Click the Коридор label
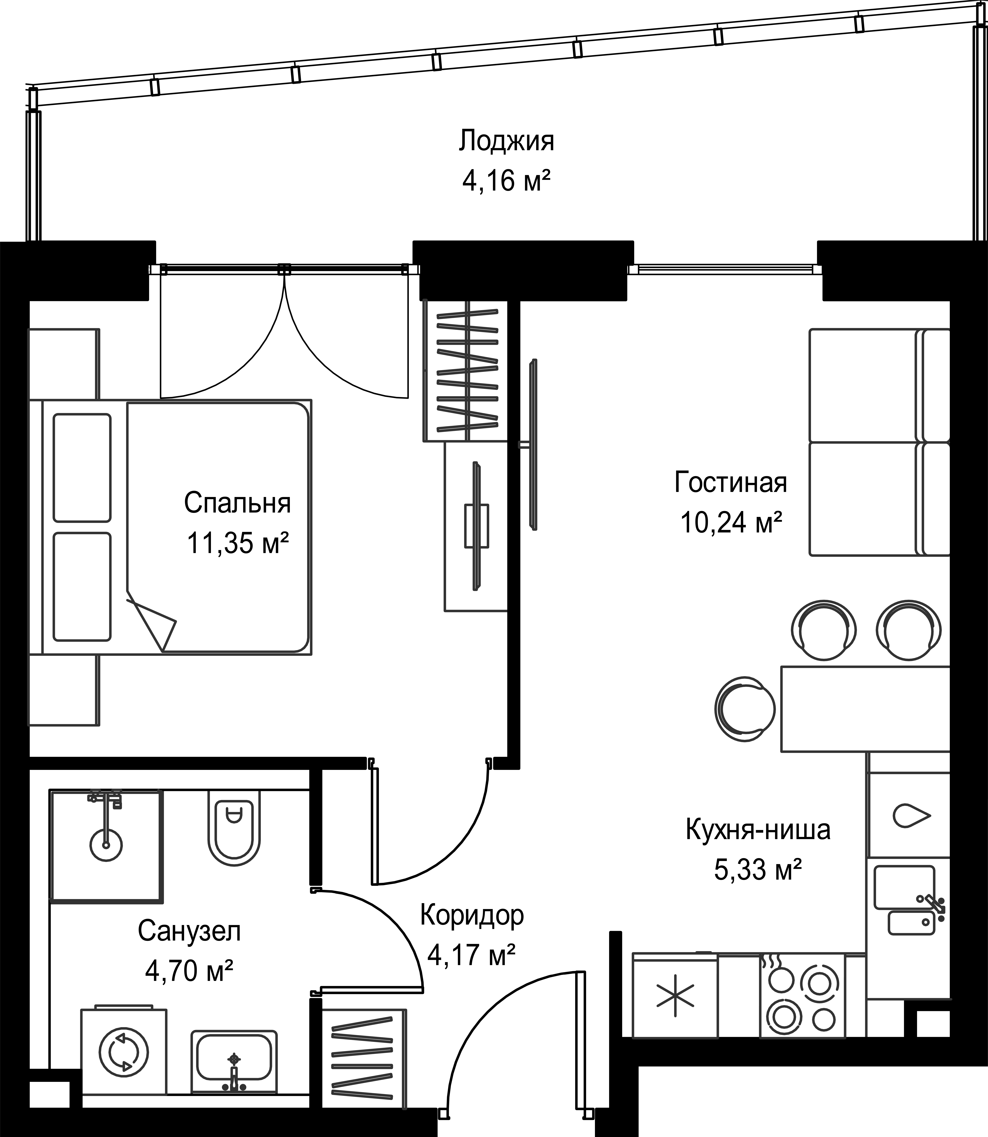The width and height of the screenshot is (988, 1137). point(472,915)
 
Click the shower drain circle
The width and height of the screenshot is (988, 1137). point(106,844)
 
